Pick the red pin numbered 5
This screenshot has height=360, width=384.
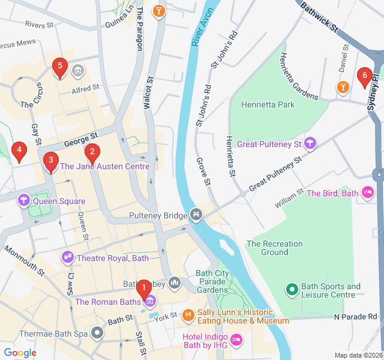tap(59, 68)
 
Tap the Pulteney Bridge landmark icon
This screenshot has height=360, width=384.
tap(196, 214)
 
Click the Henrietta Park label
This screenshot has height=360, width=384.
tap(268, 104)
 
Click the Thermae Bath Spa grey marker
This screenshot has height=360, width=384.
tap(97, 332)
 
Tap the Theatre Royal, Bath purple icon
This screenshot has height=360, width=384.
tap(68, 258)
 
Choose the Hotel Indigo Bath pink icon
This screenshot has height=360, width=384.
tap(237, 340)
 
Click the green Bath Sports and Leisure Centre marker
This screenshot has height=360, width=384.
tap(292, 290)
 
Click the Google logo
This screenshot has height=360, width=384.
tap(20, 353)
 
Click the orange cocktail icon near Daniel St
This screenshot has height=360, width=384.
tap(342, 88)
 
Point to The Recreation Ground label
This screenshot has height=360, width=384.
tap(275, 248)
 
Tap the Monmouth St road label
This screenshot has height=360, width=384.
tap(25, 260)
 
